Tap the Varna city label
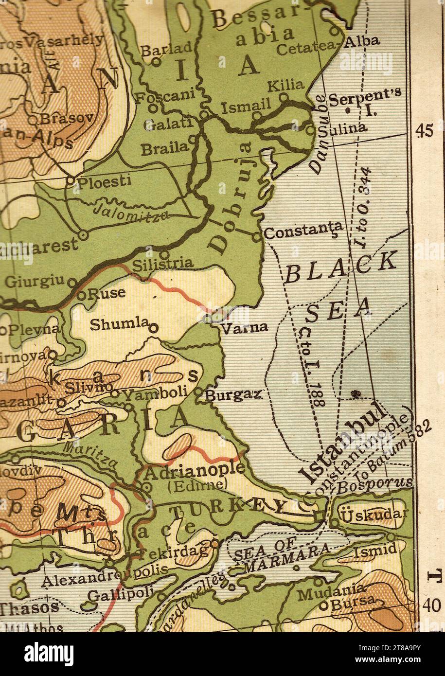point(244,327)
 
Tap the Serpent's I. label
point(365,102)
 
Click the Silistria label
point(162,264)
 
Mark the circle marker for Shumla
point(154,329)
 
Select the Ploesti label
point(105,181)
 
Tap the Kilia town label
point(285,86)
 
